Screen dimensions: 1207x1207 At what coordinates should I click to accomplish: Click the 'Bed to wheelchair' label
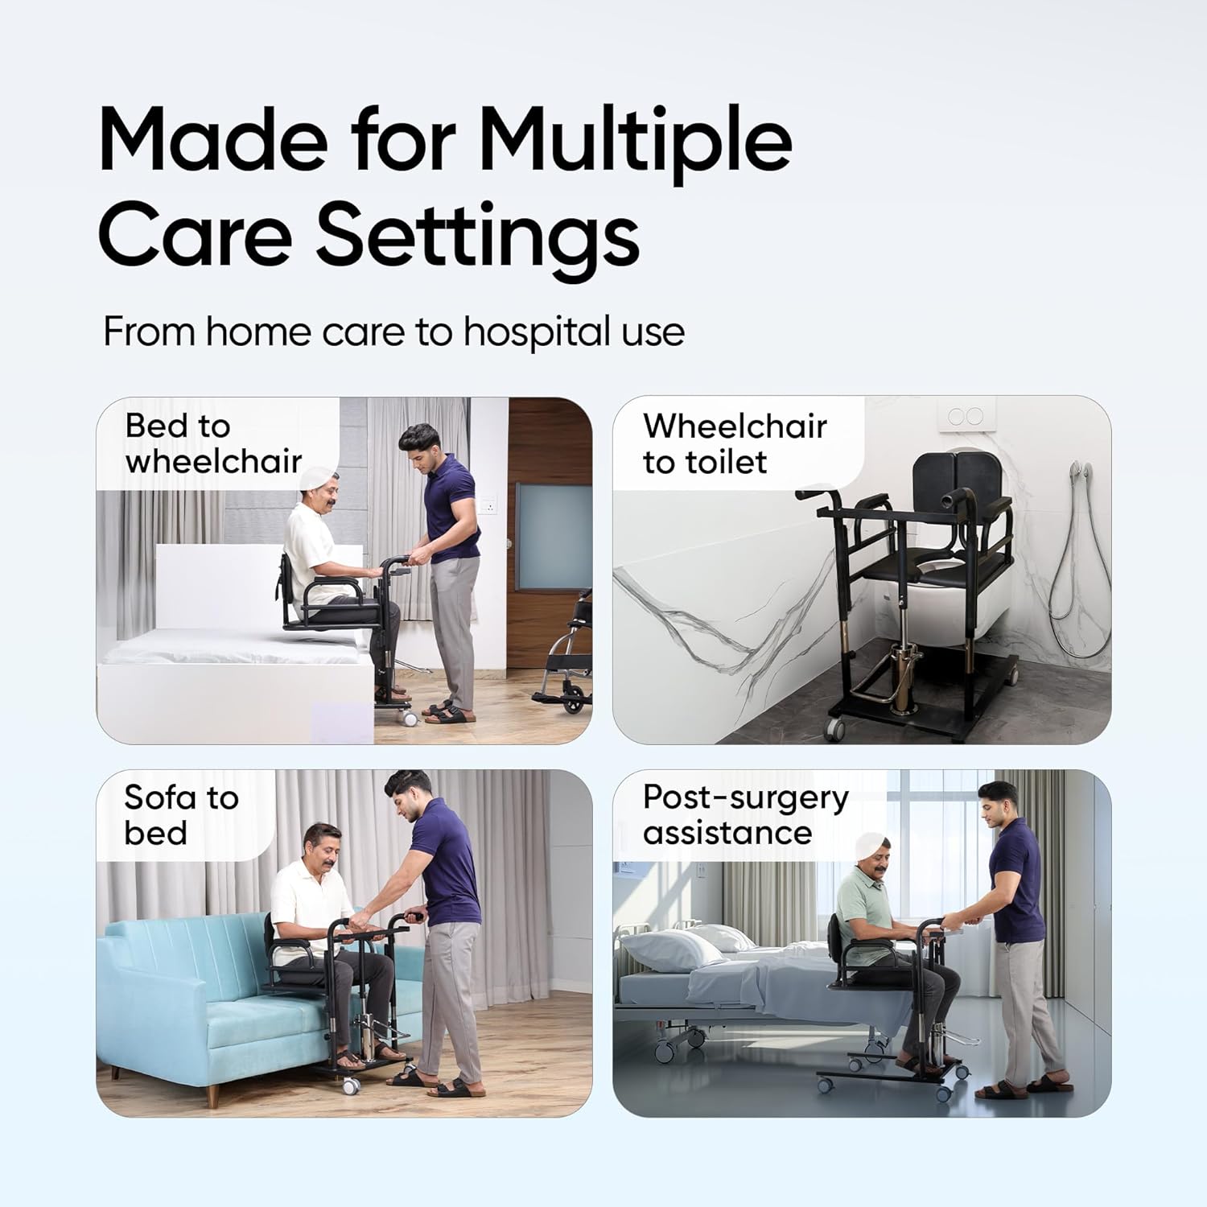pos(213,443)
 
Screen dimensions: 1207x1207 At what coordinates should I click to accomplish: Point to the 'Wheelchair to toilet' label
pos(735,443)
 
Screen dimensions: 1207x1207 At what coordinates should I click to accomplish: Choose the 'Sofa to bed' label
pos(181,814)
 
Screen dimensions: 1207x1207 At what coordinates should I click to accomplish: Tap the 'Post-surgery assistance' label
pos(745,814)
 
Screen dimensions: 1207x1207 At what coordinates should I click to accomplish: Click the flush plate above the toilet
pos(966,416)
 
